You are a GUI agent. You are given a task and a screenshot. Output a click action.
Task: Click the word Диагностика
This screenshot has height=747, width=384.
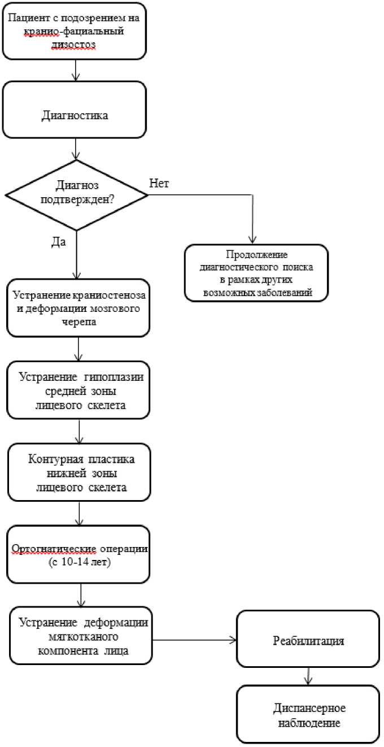(x=75, y=115)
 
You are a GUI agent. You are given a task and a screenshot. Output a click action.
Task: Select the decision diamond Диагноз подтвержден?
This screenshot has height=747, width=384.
(x=76, y=195)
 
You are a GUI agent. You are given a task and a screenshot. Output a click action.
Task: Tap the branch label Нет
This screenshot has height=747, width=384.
(x=159, y=183)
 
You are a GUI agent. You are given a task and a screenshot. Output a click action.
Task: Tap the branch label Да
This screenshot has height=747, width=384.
(x=58, y=242)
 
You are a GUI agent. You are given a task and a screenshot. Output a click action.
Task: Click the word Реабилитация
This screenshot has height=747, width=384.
(x=308, y=640)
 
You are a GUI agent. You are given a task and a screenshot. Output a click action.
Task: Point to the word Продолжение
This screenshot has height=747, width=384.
(x=257, y=254)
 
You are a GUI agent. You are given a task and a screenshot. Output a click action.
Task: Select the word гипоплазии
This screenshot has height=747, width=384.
(x=114, y=377)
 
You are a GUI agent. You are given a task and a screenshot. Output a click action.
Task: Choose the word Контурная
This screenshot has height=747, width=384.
(x=55, y=459)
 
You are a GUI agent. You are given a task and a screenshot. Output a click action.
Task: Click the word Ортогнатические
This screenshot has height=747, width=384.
(x=54, y=549)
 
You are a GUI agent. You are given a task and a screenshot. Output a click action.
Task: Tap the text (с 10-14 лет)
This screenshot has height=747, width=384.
(x=80, y=562)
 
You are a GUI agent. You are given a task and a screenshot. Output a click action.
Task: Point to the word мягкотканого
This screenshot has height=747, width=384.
(x=84, y=636)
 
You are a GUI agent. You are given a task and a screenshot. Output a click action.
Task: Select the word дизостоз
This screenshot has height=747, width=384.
(x=73, y=44)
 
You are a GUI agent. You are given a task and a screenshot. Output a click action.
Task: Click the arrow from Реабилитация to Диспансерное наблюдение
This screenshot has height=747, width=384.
(x=308, y=676)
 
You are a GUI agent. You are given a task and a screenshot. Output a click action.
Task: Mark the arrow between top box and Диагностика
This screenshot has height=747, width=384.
(x=76, y=70)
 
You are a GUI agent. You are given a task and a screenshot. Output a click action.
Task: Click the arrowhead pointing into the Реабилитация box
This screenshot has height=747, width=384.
(x=233, y=640)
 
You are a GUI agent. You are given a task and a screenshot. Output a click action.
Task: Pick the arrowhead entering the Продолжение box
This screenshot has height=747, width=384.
(x=252, y=240)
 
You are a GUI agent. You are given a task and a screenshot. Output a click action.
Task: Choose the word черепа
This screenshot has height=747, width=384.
(x=79, y=322)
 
